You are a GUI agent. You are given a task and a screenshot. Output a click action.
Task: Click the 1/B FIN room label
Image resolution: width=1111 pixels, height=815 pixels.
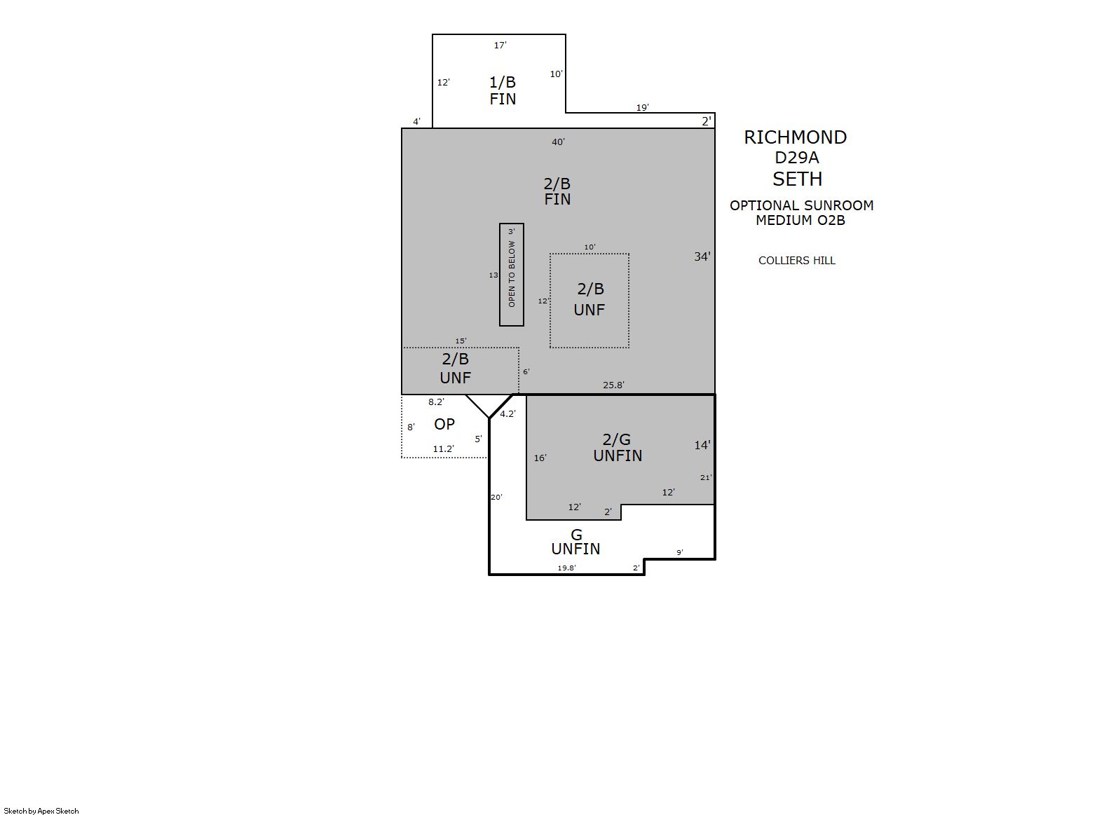pos(503,90)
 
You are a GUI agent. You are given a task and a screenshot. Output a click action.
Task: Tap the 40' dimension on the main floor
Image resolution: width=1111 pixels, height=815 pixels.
pos(558,142)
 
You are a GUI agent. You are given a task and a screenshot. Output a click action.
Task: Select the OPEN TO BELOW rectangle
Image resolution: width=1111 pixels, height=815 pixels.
pos(512,274)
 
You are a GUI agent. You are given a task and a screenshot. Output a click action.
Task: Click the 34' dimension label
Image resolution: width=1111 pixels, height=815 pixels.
pos(702,256)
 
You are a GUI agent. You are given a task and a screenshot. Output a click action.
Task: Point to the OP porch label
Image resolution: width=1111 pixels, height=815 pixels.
pos(444,424)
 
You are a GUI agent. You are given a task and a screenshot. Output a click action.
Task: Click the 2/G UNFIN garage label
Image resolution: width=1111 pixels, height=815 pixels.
pos(618,447)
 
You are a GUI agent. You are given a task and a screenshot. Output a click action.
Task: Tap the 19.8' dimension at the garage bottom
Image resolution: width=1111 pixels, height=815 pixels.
pos(566,568)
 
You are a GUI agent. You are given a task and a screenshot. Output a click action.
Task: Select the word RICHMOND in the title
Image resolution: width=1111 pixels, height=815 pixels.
pos(795,137)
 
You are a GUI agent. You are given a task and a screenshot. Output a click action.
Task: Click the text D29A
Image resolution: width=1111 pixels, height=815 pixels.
pos(796,158)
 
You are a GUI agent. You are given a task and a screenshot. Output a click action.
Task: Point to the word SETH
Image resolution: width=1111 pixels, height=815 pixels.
pos(797,179)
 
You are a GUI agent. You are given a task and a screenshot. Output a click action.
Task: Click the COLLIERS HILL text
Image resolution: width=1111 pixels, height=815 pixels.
pos(796,260)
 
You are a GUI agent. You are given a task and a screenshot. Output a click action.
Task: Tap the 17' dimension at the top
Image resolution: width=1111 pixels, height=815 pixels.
pos(500,45)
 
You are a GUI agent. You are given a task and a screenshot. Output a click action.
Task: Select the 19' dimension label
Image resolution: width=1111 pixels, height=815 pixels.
pos(642,107)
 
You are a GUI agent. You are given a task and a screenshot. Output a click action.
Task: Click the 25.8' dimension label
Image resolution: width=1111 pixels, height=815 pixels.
pos(613,385)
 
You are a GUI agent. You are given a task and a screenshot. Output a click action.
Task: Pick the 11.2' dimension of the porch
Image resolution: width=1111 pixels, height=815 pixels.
pos(443,448)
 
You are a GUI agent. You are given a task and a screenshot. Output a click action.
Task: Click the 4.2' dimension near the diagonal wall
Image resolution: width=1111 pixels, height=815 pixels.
pos(507,413)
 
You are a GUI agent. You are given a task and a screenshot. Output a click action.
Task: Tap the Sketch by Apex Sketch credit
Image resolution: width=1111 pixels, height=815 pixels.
pos(41,811)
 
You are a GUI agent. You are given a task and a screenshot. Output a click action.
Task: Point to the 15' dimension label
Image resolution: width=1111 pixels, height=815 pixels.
pos(461,341)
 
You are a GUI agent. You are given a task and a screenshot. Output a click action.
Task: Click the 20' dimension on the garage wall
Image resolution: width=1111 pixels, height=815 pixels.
pos(496,497)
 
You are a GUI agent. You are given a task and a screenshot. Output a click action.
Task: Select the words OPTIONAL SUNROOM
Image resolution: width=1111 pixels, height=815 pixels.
pos(801,205)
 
